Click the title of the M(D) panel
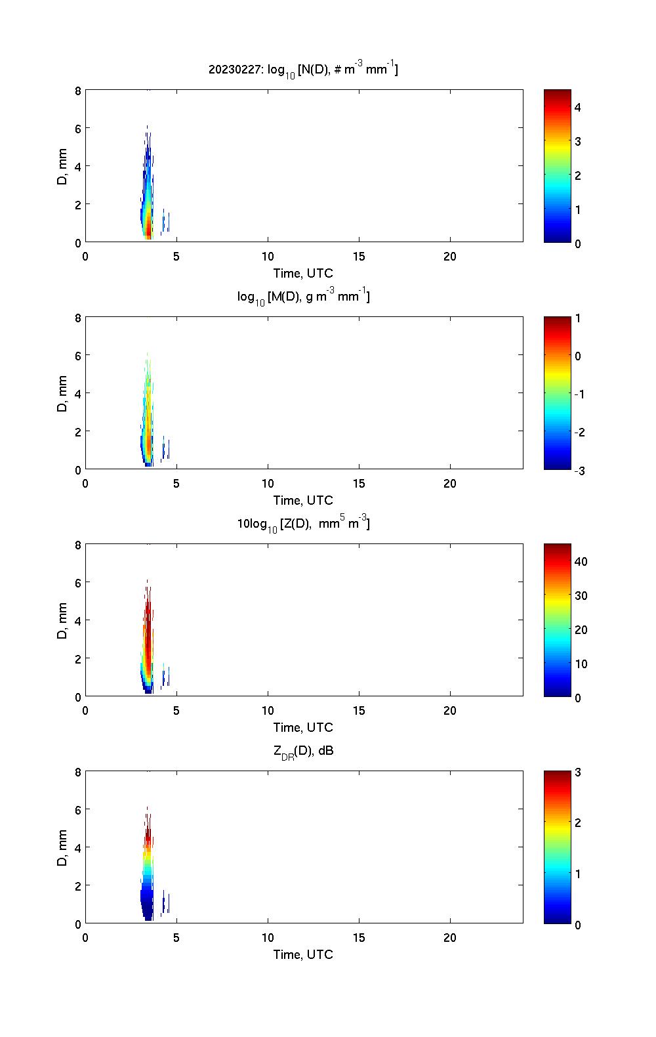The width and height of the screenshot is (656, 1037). tap(303, 297)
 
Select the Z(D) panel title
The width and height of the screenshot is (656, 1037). tap(303, 524)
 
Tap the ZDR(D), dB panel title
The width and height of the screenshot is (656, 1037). tap(303, 751)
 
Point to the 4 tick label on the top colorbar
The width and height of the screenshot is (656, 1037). tap(578, 107)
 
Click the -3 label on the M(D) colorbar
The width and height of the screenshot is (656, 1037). tap(579, 471)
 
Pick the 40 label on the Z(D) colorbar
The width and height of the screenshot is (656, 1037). tap(581, 562)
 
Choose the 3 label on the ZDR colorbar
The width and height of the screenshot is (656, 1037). tap(578, 772)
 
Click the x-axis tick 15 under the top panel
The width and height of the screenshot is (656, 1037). tap(359, 257)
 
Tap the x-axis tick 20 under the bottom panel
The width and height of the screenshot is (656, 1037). tap(450, 938)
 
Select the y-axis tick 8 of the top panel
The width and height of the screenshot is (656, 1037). tap(78, 91)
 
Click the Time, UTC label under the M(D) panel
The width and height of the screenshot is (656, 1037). tap(303, 500)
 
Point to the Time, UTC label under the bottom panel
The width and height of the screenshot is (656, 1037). tap(303, 954)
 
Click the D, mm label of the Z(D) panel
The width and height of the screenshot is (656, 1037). tap(62, 620)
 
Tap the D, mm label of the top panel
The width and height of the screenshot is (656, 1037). tap(62, 166)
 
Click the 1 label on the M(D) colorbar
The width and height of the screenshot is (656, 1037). tap(578, 318)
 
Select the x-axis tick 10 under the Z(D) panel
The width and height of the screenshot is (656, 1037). tap(268, 711)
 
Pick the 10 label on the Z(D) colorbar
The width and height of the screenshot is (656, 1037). tap(581, 664)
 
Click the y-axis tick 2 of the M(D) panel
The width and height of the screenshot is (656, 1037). tap(78, 432)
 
